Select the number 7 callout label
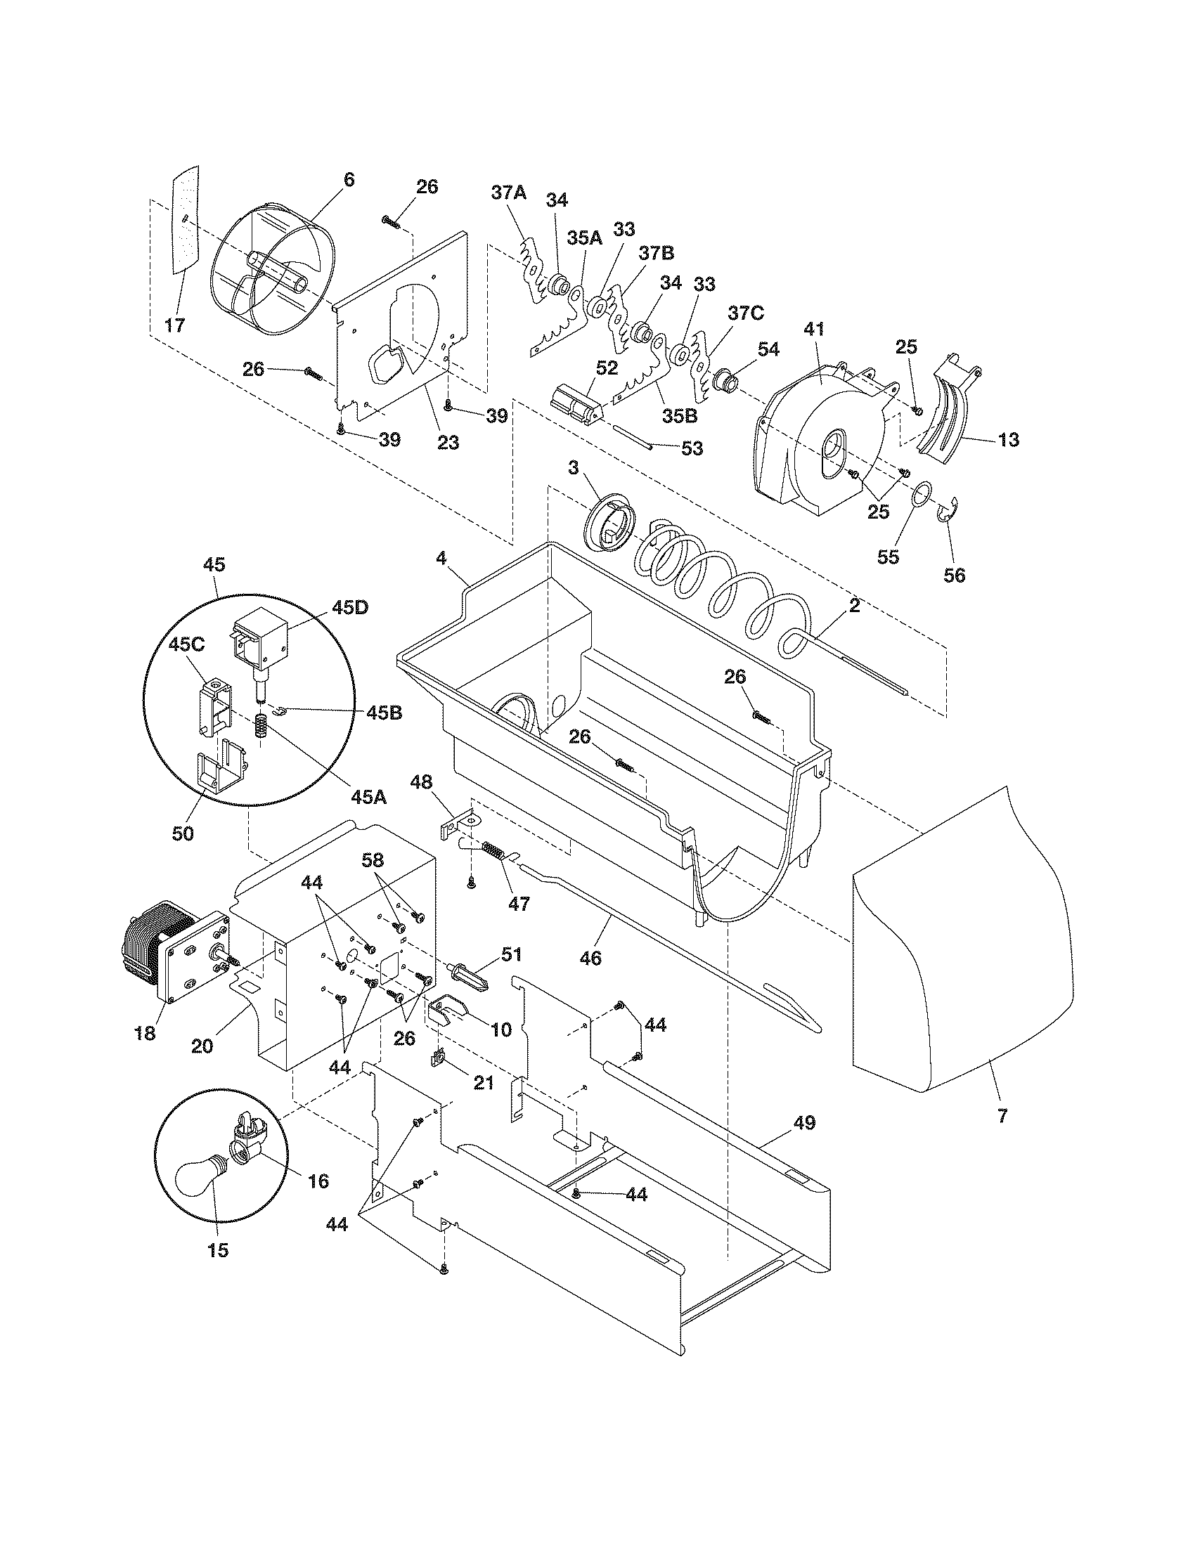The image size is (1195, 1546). (1002, 1117)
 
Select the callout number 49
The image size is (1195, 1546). (800, 1122)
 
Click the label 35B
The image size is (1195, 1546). (680, 415)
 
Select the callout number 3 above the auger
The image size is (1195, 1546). (574, 469)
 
